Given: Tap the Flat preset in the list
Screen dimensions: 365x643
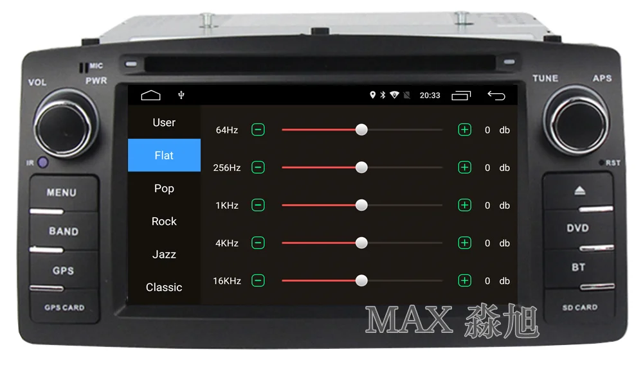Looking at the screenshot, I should click(x=164, y=156).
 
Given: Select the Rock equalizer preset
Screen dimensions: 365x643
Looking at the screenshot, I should click(x=164, y=221).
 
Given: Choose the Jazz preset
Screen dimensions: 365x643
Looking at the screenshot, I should click(x=164, y=254).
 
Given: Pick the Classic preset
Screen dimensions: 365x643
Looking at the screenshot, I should click(x=164, y=287).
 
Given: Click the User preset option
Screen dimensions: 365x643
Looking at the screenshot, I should click(x=164, y=123).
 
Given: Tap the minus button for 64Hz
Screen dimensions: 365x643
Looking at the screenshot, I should click(x=258, y=130).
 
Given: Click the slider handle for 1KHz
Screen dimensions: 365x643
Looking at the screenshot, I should click(x=361, y=205).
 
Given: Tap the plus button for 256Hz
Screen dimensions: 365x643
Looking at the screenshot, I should click(x=464, y=168).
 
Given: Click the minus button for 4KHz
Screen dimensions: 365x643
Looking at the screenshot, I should click(x=258, y=243).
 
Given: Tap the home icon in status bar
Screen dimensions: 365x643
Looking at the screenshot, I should click(x=150, y=95).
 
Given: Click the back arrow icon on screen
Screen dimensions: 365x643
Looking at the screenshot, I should click(x=496, y=95).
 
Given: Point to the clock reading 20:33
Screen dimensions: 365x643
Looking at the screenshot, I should click(x=430, y=95).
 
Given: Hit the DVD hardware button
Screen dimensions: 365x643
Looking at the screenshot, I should click(x=577, y=228).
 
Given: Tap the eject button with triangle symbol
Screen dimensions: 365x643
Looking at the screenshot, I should click(x=577, y=191).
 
